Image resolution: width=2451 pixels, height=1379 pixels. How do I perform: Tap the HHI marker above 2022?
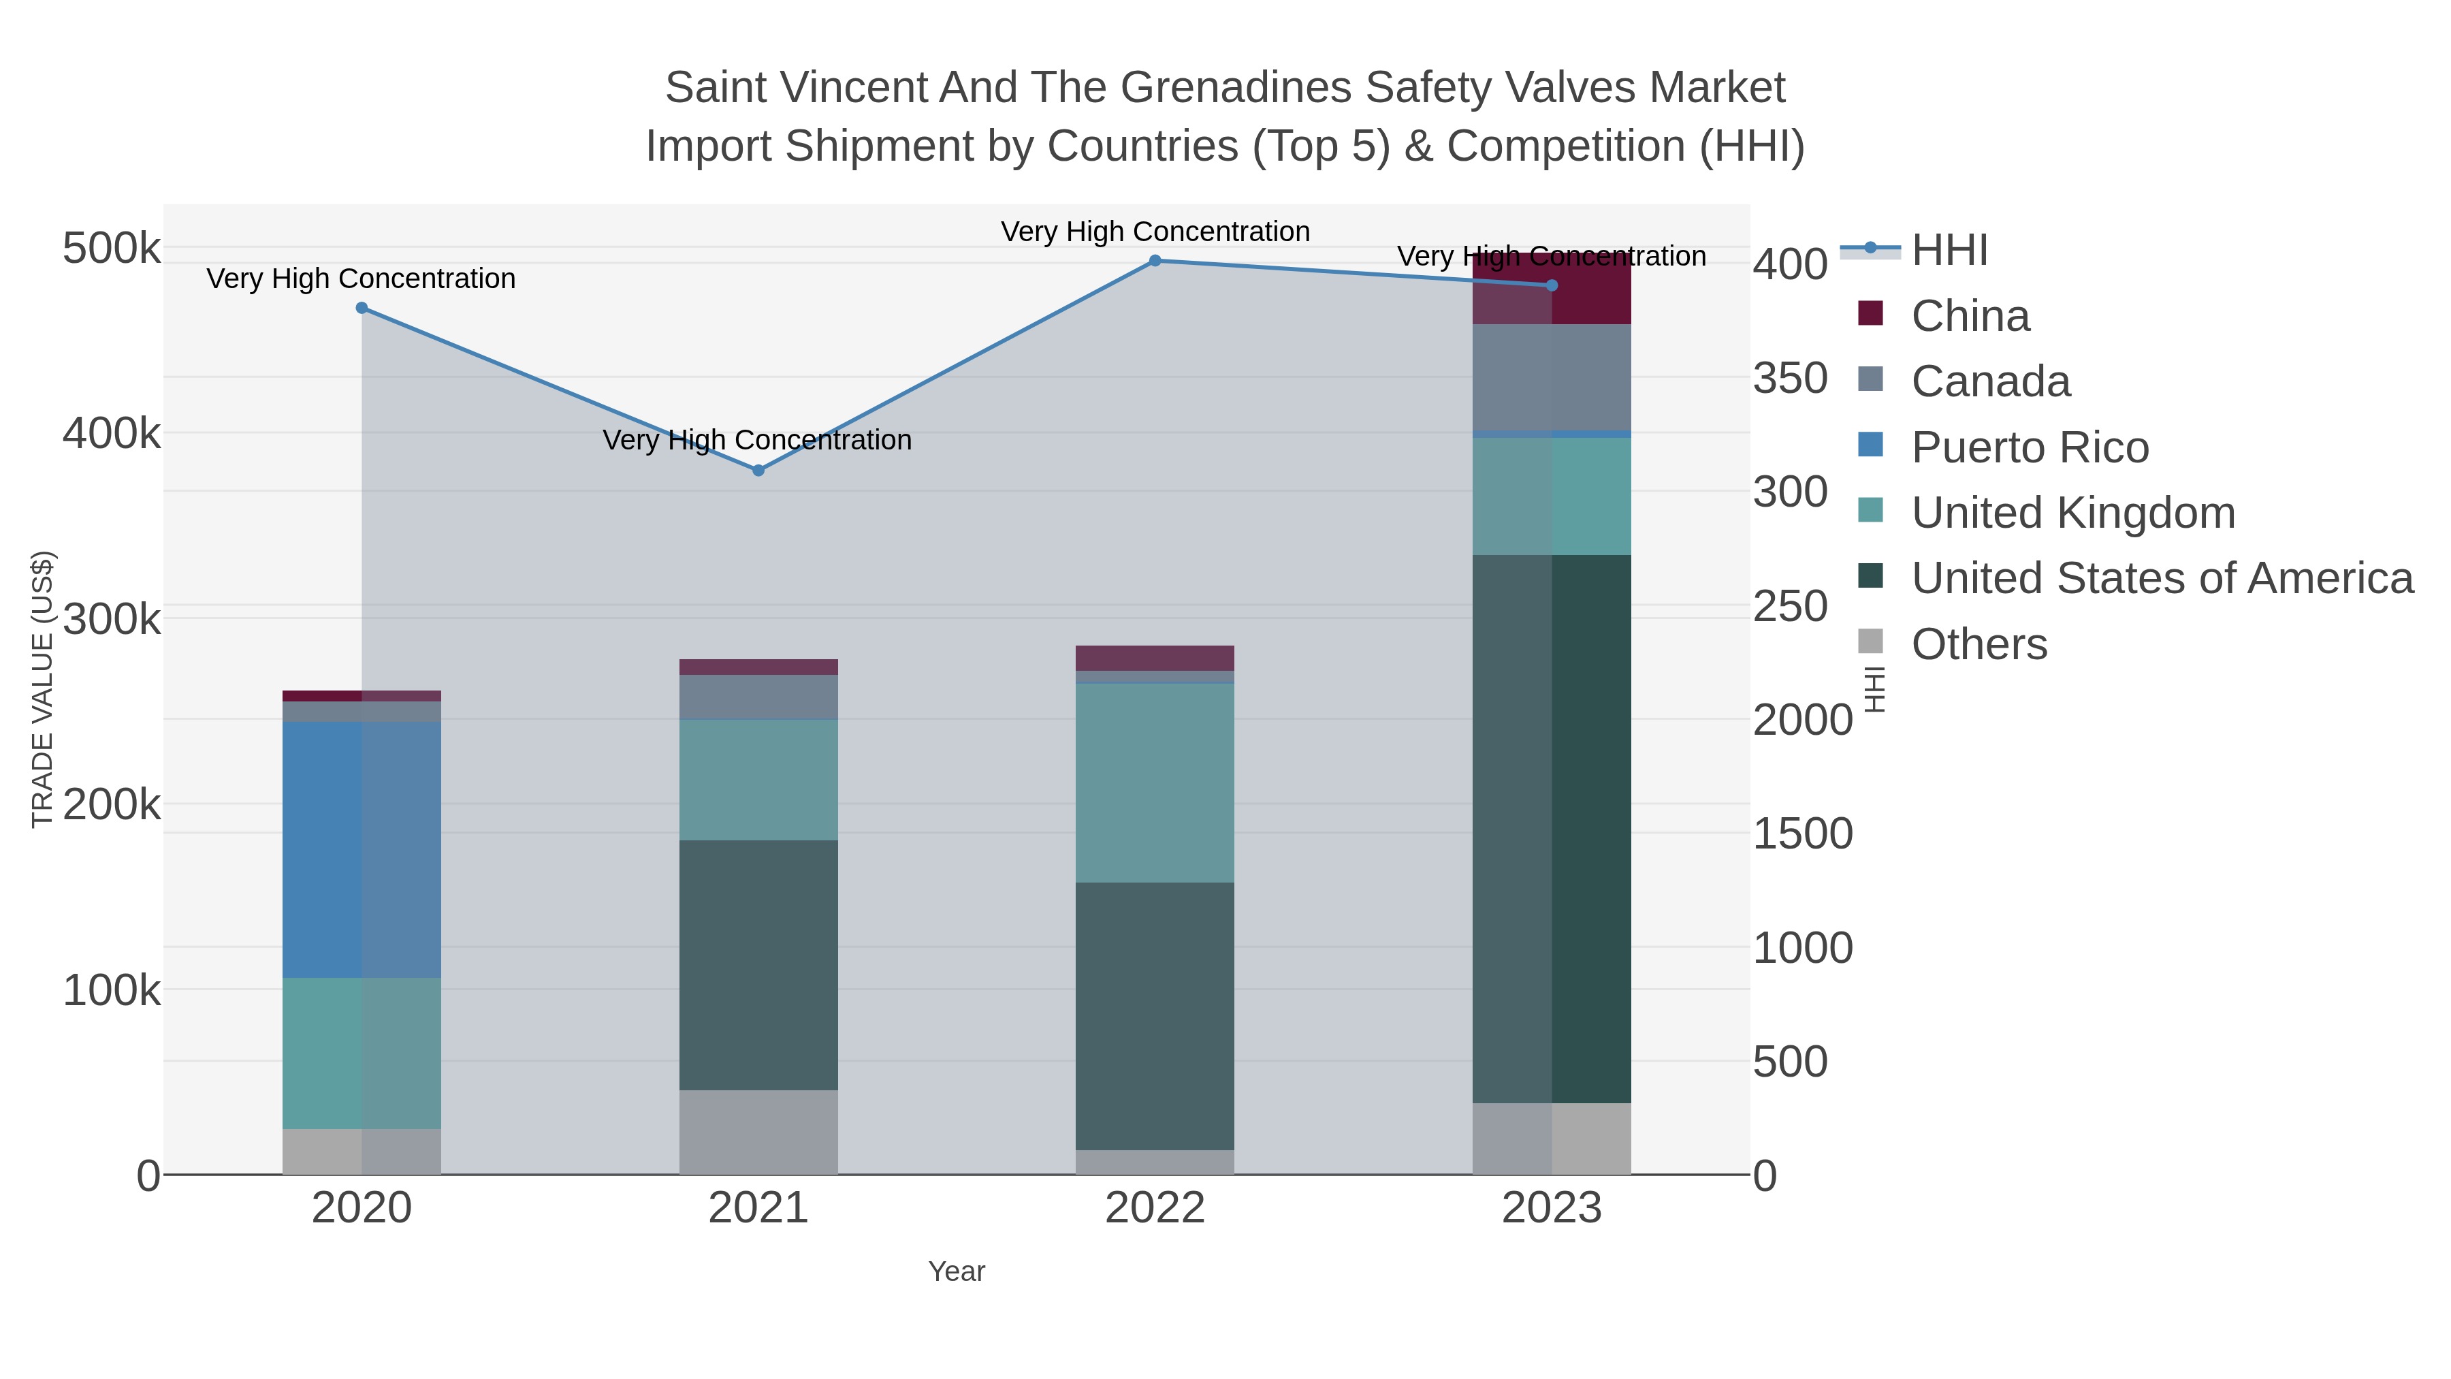(x=1155, y=261)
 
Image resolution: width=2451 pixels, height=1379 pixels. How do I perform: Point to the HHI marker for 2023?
(x=1552, y=285)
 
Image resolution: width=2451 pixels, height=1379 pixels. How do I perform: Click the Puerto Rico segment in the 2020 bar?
(x=362, y=850)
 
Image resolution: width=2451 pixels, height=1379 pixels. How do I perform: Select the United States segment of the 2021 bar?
(x=758, y=965)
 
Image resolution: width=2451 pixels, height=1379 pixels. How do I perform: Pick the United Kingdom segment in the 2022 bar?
(x=1155, y=782)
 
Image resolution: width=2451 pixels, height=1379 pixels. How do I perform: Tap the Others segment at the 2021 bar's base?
(x=758, y=1132)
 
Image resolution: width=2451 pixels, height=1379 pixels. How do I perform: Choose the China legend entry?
(x=1970, y=316)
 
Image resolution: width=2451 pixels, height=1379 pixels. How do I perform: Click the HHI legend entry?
(x=1949, y=251)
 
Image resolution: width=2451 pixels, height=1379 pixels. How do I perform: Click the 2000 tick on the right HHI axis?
(x=1802, y=720)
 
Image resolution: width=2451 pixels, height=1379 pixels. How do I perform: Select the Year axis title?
(x=957, y=1271)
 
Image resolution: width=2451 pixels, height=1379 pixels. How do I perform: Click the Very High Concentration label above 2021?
(x=757, y=441)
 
